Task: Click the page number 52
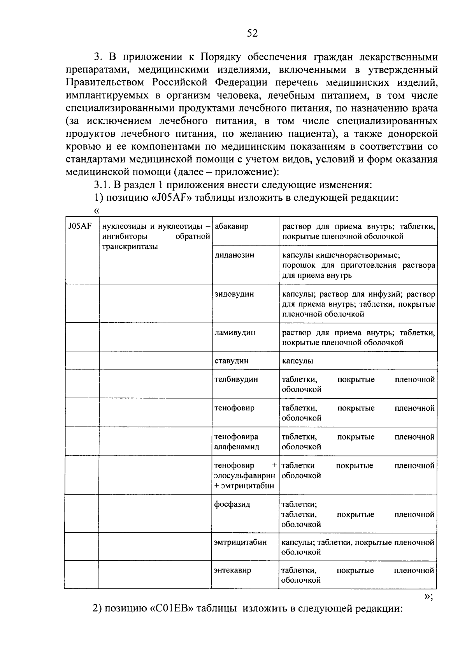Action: [252, 34]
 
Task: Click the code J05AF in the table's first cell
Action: [79, 226]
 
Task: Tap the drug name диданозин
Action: [234, 255]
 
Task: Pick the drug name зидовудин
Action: [234, 294]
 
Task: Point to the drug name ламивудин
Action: [235, 333]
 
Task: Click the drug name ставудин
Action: [231, 361]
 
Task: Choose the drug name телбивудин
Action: [236, 380]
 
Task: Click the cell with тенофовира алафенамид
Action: [236, 442]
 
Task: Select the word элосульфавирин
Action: [245, 476]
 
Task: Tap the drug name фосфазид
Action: [232, 504]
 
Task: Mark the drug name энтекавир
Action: [232, 571]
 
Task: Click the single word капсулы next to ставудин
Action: [297, 361]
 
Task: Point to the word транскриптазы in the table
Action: [130, 247]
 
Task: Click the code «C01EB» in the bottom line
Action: [171, 609]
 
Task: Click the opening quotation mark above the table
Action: [97, 210]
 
